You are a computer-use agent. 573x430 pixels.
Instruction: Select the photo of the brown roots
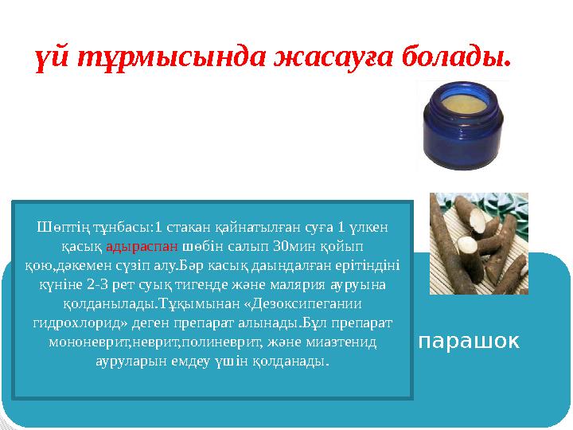478,243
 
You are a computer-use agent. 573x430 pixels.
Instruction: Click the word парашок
469,342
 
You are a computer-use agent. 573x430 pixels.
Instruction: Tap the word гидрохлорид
76,322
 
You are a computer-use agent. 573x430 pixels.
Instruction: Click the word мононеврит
81,342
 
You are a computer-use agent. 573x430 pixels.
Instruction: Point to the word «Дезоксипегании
306,303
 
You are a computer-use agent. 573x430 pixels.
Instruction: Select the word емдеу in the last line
207,362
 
